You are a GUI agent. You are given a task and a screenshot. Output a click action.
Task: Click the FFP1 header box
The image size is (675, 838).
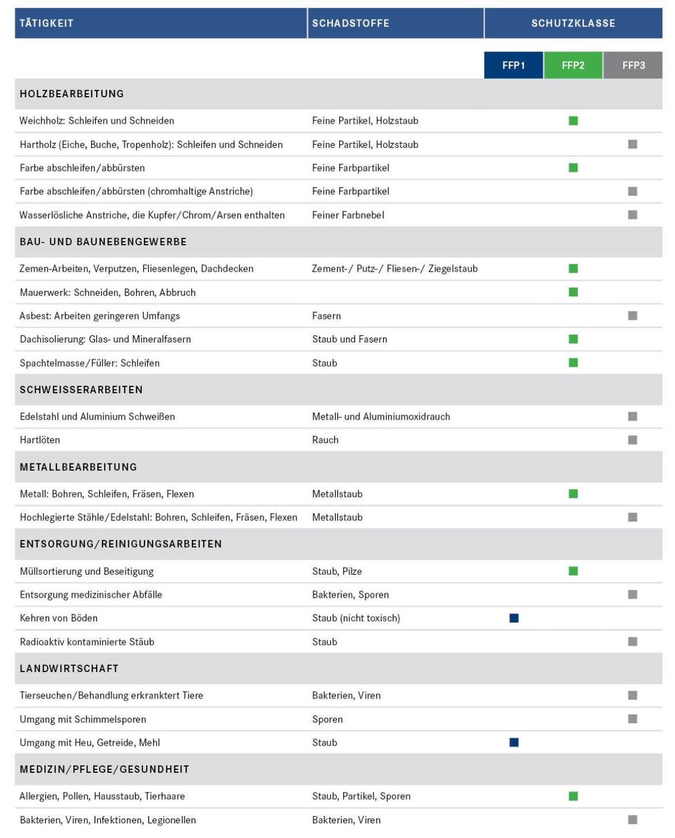click(514, 65)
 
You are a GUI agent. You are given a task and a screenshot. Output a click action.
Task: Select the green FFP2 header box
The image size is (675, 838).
click(573, 65)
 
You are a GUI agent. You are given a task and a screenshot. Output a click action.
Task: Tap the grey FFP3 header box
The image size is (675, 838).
click(633, 65)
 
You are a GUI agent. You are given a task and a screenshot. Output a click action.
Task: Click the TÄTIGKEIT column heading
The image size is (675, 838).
click(47, 23)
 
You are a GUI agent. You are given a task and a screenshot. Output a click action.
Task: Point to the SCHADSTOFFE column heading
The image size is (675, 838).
click(350, 23)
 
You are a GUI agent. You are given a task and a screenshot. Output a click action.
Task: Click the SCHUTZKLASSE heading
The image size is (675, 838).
click(573, 23)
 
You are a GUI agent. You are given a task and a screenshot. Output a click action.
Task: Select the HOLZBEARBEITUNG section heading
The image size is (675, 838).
click(72, 94)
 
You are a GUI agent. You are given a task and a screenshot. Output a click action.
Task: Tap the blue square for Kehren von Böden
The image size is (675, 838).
click(514, 618)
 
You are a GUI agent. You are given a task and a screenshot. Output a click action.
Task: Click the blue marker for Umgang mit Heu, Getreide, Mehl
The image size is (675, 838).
click(514, 742)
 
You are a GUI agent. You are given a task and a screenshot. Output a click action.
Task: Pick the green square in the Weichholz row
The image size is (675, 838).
click(573, 121)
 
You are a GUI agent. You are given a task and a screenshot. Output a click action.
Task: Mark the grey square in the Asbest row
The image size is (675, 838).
click(633, 316)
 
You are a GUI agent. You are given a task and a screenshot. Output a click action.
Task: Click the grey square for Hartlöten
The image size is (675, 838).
click(633, 440)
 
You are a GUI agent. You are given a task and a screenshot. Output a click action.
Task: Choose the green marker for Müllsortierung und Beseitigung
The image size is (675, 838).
click(573, 571)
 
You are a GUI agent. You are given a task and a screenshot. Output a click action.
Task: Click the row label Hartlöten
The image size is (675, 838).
click(40, 440)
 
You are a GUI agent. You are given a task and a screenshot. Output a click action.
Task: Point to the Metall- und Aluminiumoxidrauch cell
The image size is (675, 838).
click(381, 417)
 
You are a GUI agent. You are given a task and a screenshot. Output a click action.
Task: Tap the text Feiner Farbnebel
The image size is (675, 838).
click(348, 215)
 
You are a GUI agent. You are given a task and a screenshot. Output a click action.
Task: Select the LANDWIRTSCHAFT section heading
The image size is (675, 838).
click(69, 669)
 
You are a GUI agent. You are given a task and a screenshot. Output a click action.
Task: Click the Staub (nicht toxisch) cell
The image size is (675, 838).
click(356, 618)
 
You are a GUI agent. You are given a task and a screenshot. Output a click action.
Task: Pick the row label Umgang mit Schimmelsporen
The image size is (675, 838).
click(83, 719)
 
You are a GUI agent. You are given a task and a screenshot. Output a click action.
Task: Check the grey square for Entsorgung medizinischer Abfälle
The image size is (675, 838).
click(633, 594)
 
